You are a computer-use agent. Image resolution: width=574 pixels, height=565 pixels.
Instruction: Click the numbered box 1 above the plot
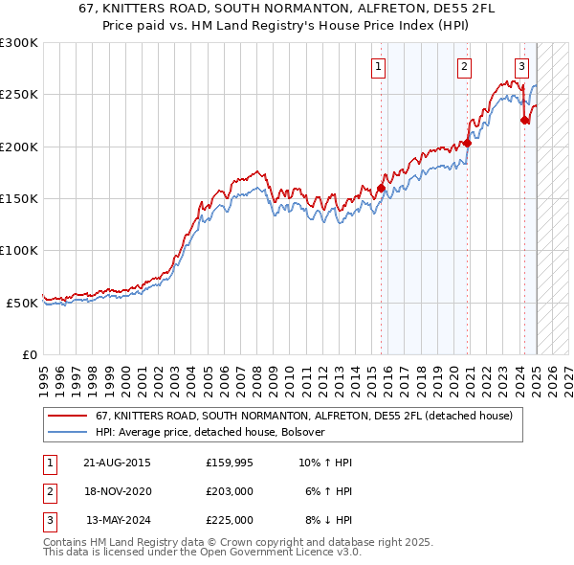pyautogui.click(x=380, y=67)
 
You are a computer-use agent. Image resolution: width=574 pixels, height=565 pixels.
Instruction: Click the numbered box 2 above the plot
pyautogui.click(x=464, y=67)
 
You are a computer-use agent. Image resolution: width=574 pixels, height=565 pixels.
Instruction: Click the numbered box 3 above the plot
pyautogui.click(x=521, y=67)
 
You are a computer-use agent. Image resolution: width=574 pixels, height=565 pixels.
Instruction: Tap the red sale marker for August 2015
pyautogui.click(x=381, y=189)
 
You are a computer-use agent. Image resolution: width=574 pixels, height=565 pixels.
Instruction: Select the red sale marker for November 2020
pyautogui.click(x=468, y=144)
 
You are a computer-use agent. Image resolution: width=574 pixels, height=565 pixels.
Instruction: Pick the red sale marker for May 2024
pyautogui.click(x=524, y=121)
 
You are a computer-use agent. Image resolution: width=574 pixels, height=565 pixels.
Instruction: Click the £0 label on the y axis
pyautogui.click(x=29, y=354)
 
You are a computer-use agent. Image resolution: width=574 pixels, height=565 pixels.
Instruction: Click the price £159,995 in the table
pyautogui.click(x=229, y=463)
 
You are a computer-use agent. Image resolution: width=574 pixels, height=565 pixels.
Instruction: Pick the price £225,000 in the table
pyautogui.click(x=229, y=520)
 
